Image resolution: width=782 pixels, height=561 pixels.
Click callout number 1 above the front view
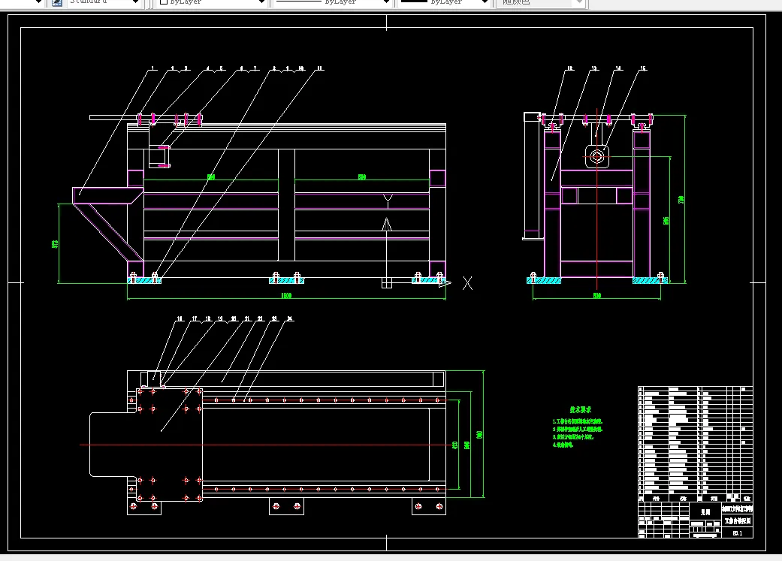click(x=152, y=68)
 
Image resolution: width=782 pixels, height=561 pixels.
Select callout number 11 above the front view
click(x=319, y=68)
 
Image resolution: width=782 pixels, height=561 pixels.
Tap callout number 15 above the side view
click(x=642, y=69)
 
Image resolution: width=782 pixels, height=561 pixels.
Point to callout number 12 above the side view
click(x=569, y=69)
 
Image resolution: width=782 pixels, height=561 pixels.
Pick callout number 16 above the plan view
click(x=180, y=319)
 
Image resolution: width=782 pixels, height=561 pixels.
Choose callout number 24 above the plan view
click(x=289, y=319)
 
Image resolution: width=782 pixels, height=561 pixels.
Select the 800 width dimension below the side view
click(x=596, y=295)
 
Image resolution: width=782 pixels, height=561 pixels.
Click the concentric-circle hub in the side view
click(x=597, y=156)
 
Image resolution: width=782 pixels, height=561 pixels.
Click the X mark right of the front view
click(x=467, y=282)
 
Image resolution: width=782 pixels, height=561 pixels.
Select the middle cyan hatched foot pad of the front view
click(x=286, y=280)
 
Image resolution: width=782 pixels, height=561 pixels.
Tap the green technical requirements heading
click(x=580, y=409)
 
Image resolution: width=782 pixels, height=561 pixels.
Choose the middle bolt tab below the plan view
click(x=287, y=506)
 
